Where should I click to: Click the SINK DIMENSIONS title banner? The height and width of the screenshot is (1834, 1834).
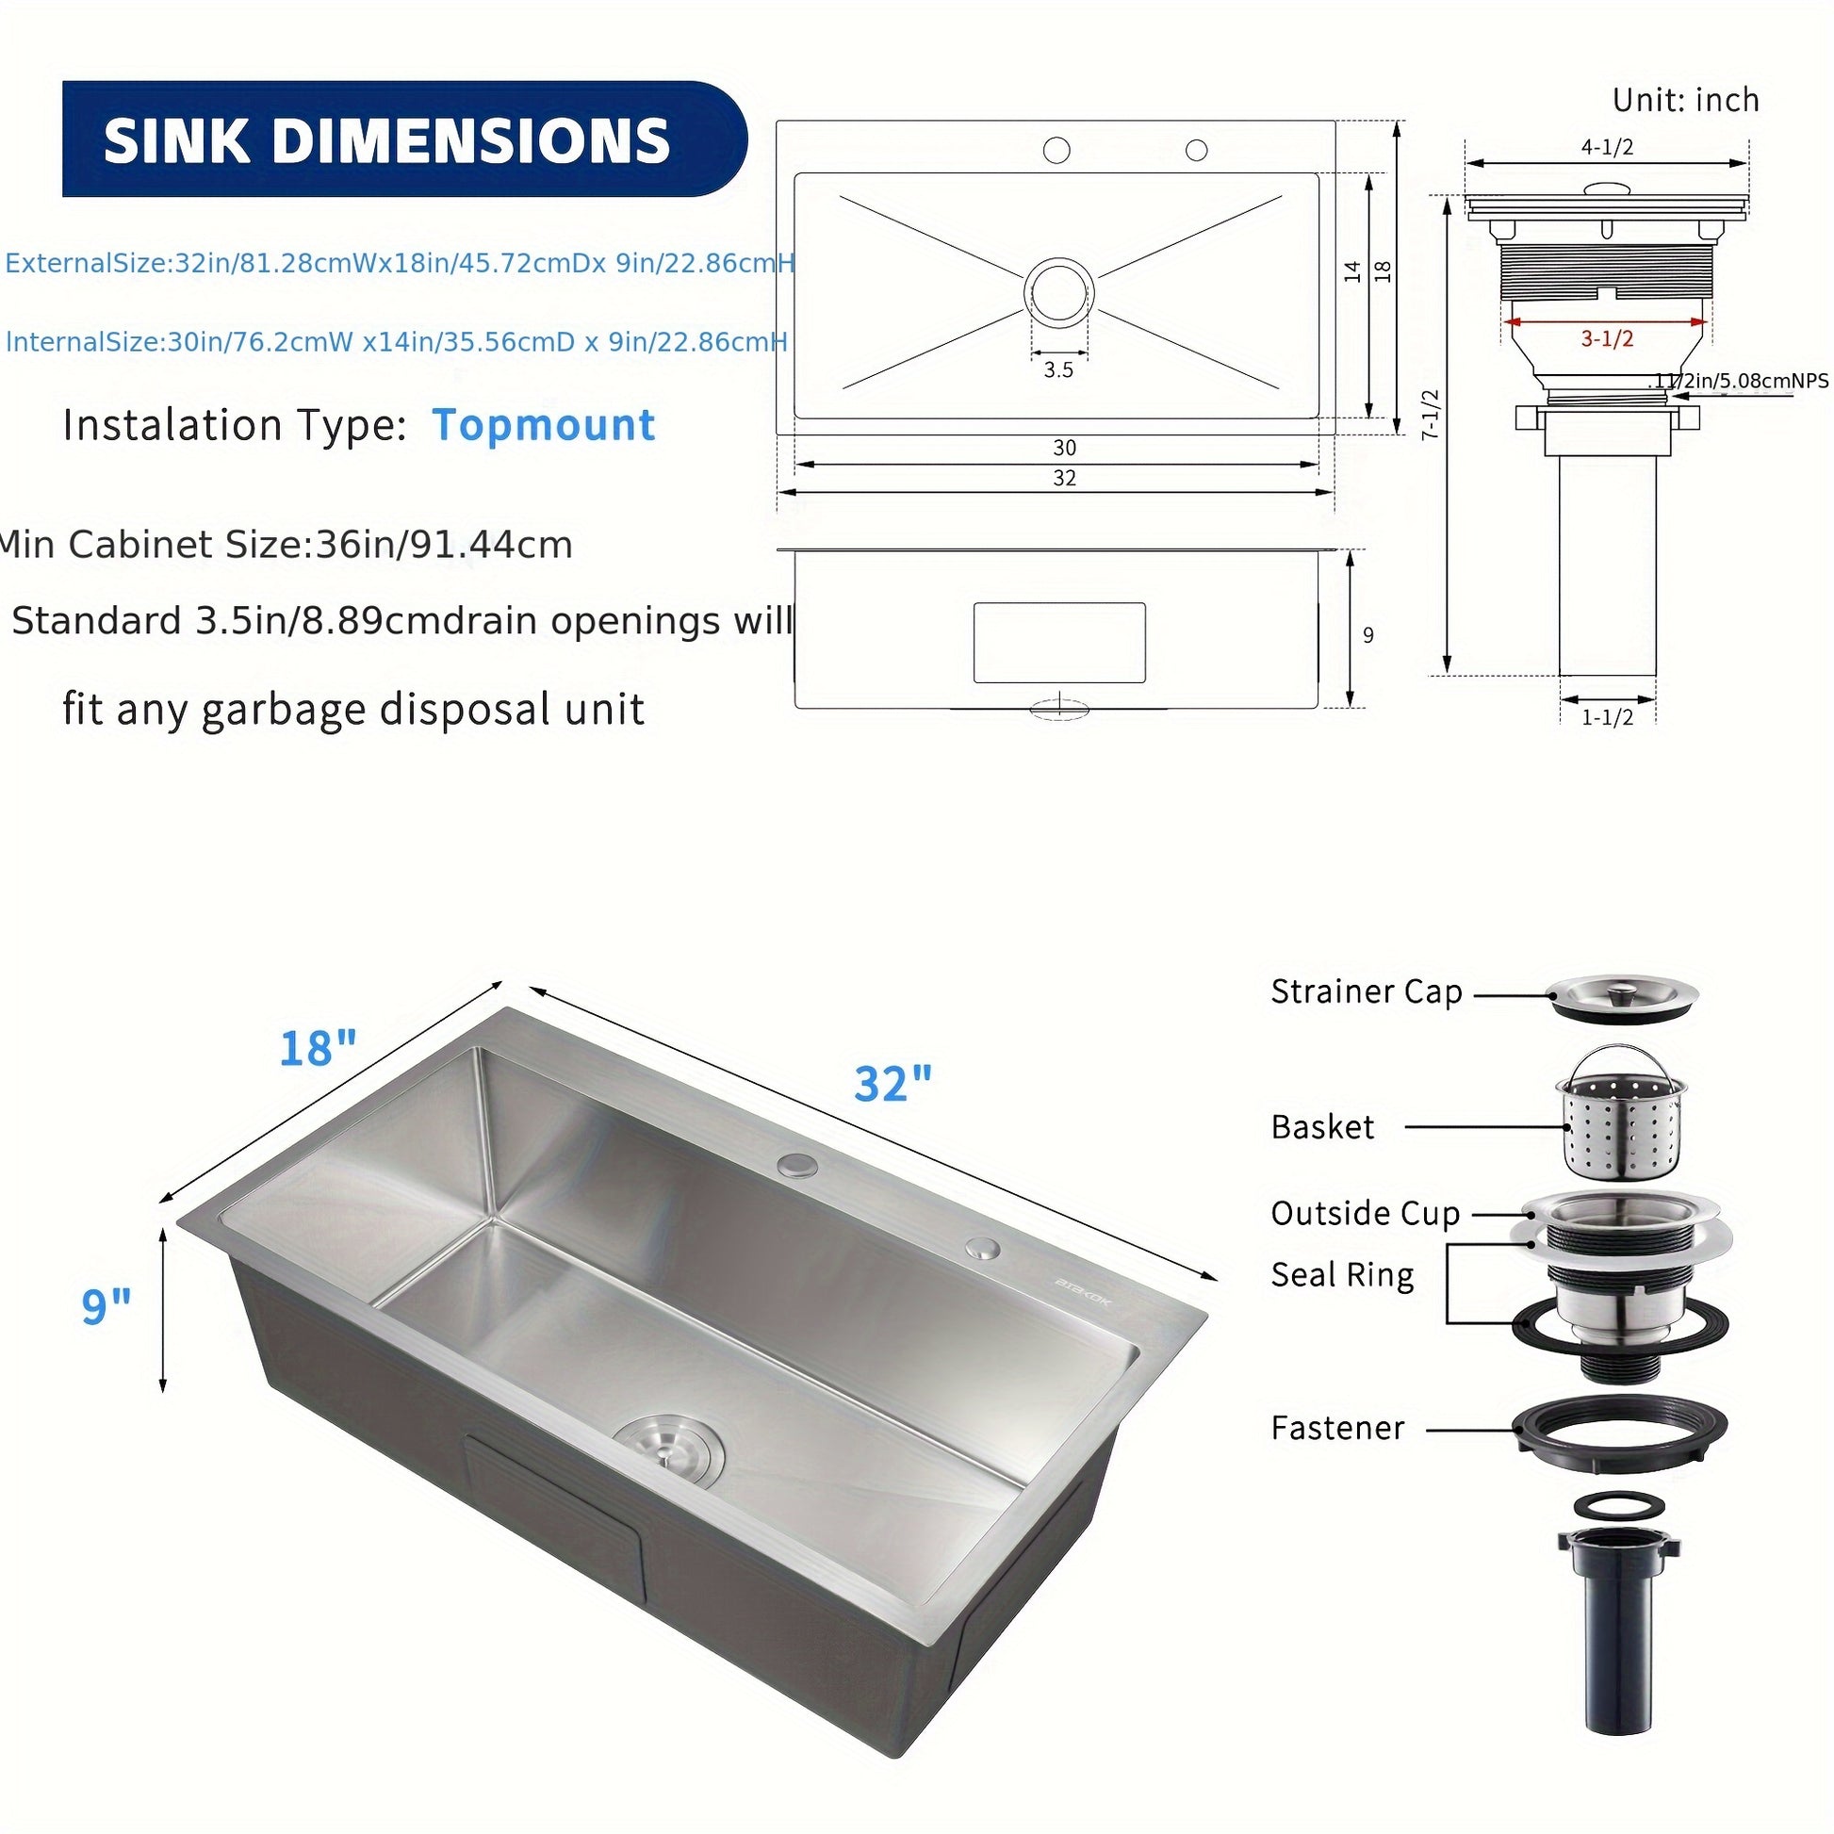coord(403,139)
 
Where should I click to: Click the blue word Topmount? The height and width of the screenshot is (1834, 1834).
coord(544,424)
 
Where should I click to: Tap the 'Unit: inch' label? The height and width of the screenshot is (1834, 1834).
coord(1686,100)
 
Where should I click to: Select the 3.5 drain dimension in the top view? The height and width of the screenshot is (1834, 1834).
coord(1058,369)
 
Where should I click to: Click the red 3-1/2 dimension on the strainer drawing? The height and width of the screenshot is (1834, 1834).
coord(1607,338)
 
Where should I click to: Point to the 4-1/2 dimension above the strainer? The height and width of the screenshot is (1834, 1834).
coord(1607,146)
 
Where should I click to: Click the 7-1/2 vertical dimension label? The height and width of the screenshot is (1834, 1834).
coord(1431,413)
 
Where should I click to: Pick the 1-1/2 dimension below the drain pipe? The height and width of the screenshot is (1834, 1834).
coord(1607,717)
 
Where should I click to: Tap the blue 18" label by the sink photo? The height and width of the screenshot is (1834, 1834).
coord(318,1048)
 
